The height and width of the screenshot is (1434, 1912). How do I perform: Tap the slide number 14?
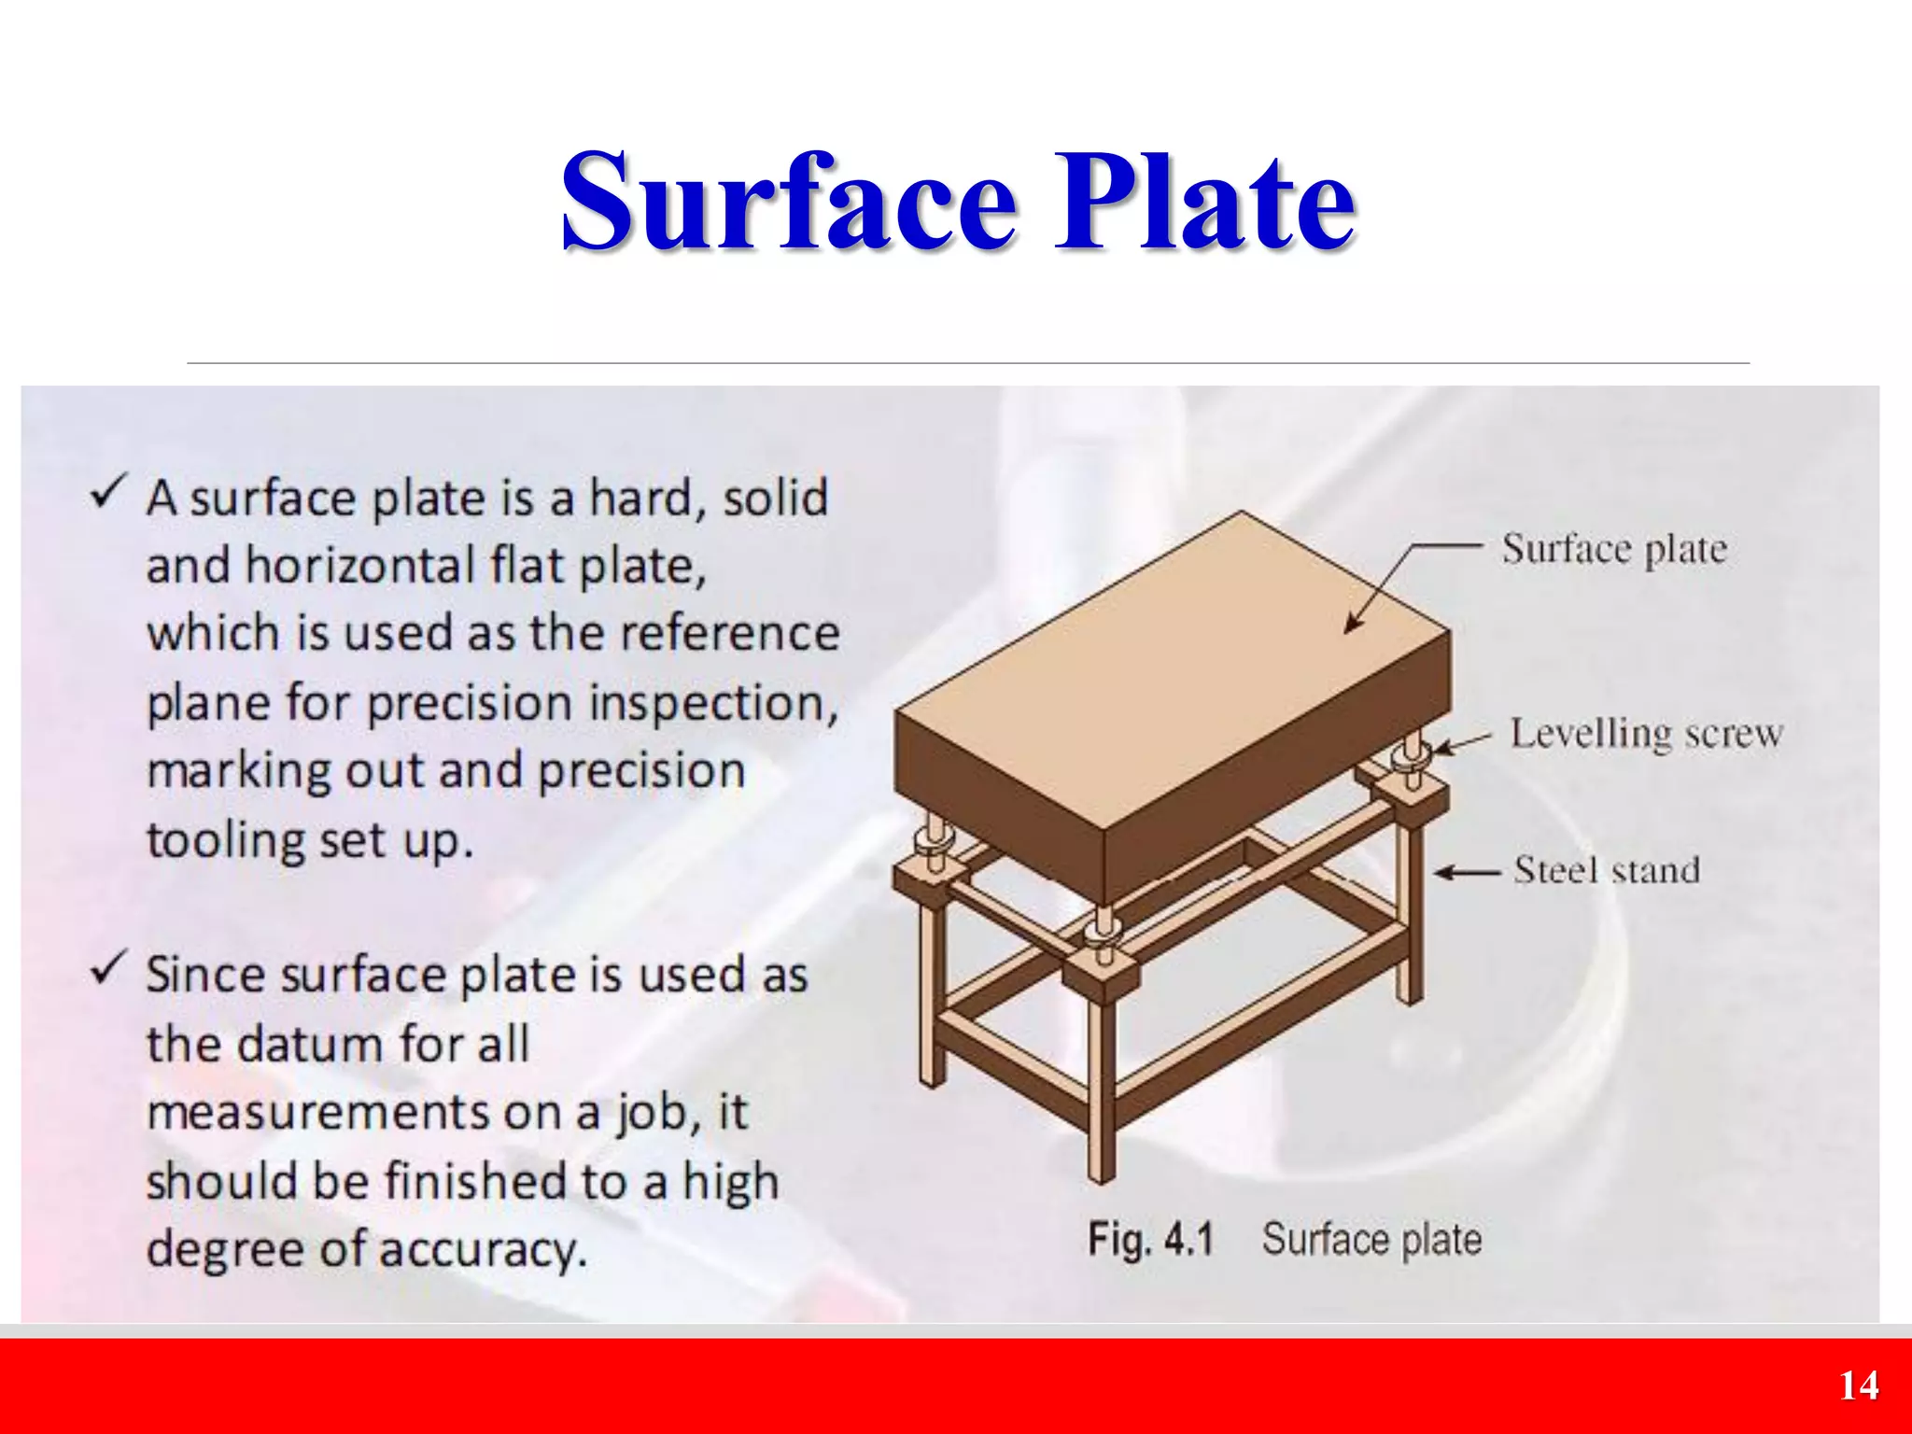tap(1858, 1385)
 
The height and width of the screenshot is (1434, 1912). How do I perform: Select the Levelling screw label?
tap(1646, 734)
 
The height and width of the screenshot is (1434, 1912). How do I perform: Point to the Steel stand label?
tap(1606, 870)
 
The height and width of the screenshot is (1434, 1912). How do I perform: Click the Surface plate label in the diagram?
tap(1614, 549)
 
